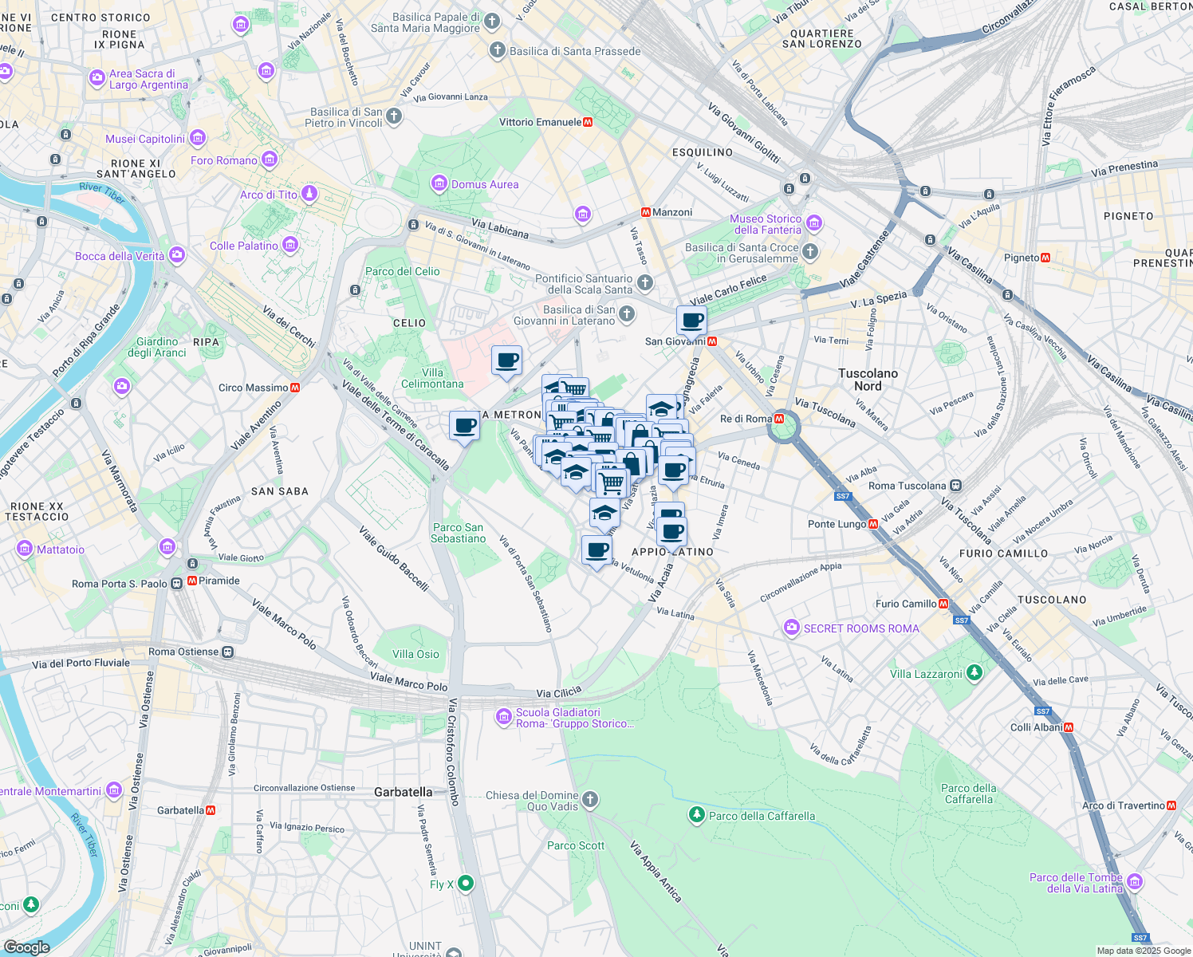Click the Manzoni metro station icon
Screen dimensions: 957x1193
646,212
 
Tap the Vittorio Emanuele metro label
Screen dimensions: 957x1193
540,122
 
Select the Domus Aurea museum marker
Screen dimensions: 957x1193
439,184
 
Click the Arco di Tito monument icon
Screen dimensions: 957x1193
309,195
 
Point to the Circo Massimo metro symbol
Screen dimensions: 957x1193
295,388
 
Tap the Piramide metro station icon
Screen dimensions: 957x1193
192,581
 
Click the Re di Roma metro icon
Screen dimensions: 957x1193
779,419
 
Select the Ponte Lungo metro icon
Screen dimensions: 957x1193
873,524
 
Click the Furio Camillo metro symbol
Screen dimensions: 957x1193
944,604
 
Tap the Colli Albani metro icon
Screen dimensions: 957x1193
1069,727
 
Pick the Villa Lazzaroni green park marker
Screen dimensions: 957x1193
974,673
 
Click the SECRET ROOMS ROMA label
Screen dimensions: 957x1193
861,628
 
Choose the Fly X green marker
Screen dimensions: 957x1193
466,884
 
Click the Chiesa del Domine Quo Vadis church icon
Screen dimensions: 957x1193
590,799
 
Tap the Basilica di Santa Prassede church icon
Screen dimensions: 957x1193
498,51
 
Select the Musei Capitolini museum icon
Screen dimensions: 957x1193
198,139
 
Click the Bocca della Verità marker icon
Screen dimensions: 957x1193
177,256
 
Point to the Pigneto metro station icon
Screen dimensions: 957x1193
1045,258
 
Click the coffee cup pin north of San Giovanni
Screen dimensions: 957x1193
691,321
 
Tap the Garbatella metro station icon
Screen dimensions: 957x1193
211,810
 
